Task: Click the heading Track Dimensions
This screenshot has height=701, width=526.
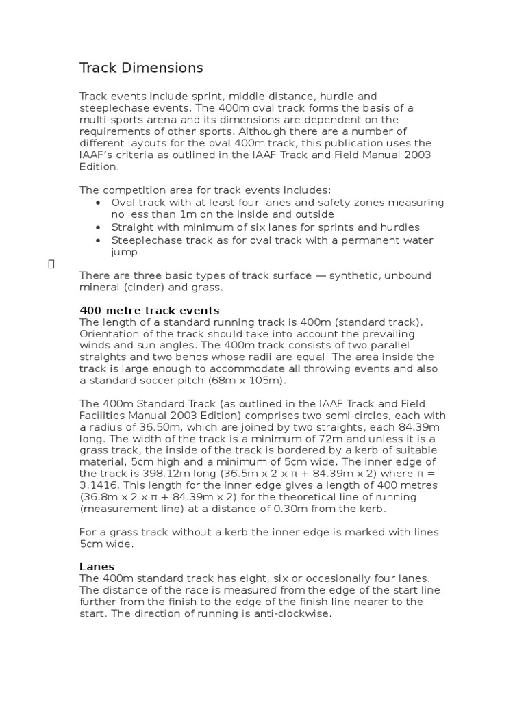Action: (x=141, y=68)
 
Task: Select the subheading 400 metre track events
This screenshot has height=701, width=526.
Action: (x=149, y=310)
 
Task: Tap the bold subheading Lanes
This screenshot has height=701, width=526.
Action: (x=97, y=566)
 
